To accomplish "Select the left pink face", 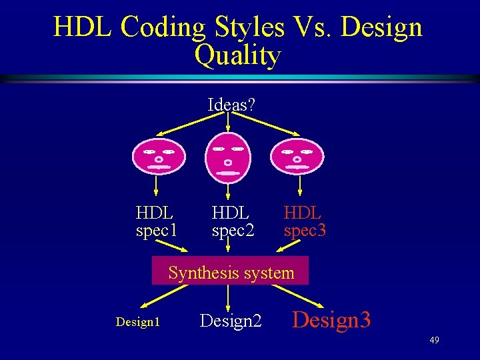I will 158,157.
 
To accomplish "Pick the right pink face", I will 297,157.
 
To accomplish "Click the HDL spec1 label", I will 156,222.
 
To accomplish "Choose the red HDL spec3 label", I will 305,222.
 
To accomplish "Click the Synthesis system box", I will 231,272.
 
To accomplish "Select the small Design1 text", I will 138,322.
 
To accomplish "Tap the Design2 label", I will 231,321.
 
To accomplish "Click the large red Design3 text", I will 331,320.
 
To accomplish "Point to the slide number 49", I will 434,341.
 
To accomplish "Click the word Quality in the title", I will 237,56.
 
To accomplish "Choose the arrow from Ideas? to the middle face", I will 228,121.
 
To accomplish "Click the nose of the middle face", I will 228,162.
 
